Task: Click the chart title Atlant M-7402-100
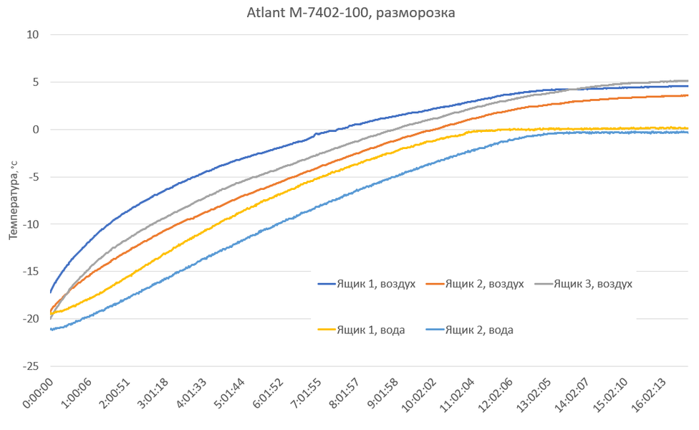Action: point(349,12)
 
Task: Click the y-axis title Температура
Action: point(12,201)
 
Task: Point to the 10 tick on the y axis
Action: point(33,34)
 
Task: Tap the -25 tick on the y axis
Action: point(31,366)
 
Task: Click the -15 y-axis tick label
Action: point(31,272)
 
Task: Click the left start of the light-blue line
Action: point(50,329)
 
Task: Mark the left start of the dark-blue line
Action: point(50,292)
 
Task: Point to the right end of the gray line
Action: point(688,81)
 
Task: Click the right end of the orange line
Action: point(688,95)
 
